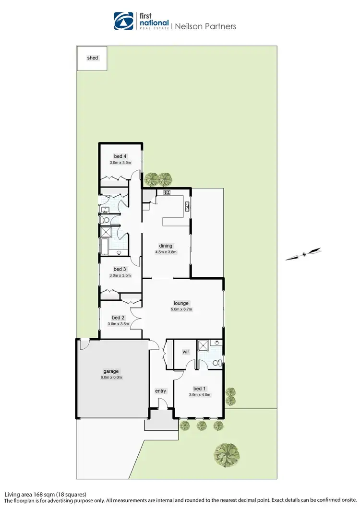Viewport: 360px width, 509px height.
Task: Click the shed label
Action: tap(93, 58)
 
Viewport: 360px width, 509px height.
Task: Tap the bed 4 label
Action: tap(120, 156)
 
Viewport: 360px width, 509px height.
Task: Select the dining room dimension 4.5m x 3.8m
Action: tap(166, 252)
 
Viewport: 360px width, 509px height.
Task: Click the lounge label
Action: tap(182, 303)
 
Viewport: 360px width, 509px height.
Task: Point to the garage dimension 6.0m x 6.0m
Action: tap(111, 377)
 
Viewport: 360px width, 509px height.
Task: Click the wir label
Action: tap(186, 352)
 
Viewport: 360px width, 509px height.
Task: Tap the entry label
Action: tap(160, 391)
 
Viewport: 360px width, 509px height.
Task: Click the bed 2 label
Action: tap(119, 318)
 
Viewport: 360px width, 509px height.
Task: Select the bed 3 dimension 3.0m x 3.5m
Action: tap(120, 275)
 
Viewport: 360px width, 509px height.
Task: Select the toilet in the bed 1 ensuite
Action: tap(218, 363)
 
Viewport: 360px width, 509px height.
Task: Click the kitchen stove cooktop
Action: tap(168, 193)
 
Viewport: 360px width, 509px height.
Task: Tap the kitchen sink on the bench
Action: tap(187, 206)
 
